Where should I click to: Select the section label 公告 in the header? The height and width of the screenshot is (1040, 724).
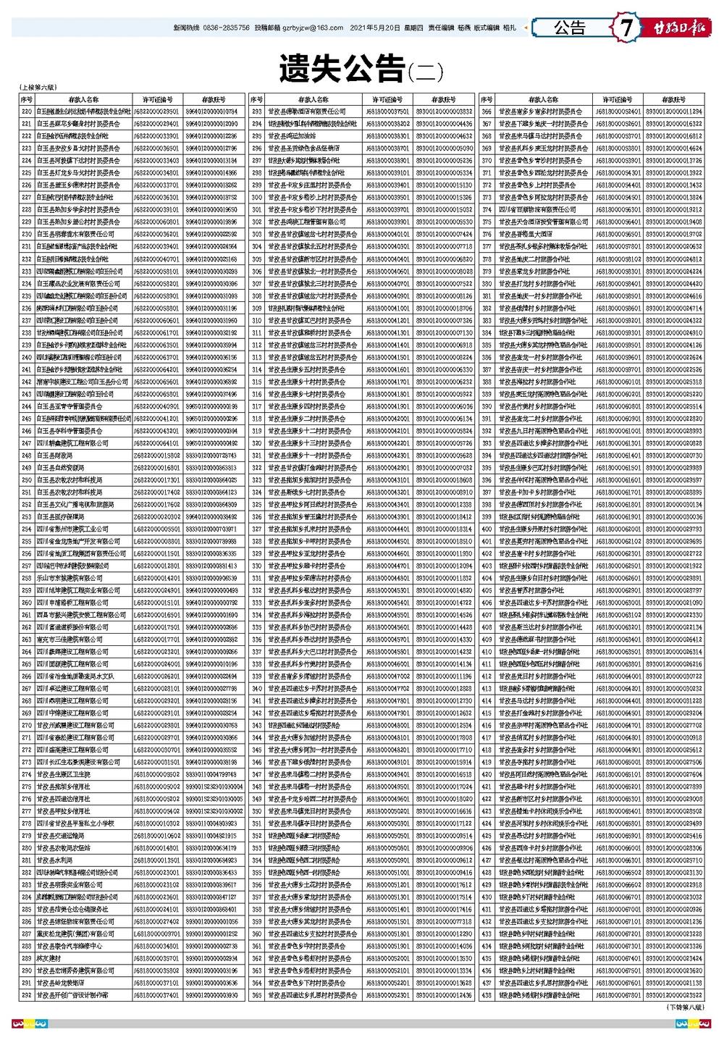coord(570,28)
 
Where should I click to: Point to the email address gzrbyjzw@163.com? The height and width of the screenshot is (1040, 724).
coord(313,28)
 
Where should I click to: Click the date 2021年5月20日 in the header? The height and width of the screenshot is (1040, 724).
coord(374,28)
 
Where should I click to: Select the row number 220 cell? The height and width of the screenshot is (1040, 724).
coord(27,112)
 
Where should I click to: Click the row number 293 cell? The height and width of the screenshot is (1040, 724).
coord(256,112)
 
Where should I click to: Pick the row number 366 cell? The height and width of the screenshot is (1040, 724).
coord(487,112)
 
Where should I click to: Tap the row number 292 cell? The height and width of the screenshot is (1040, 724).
coord(27,995)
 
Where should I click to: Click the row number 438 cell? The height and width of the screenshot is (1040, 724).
coord(487,995)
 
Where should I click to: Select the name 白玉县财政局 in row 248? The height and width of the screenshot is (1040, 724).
coord(55,456)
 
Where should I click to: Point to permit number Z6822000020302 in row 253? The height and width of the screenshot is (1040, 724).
coord(156,517)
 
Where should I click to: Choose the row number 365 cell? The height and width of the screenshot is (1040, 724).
coord(256,995)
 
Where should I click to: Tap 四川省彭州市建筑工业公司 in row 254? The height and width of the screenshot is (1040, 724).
coord(73,529)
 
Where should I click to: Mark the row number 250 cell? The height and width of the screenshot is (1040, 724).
coord(27,480)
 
